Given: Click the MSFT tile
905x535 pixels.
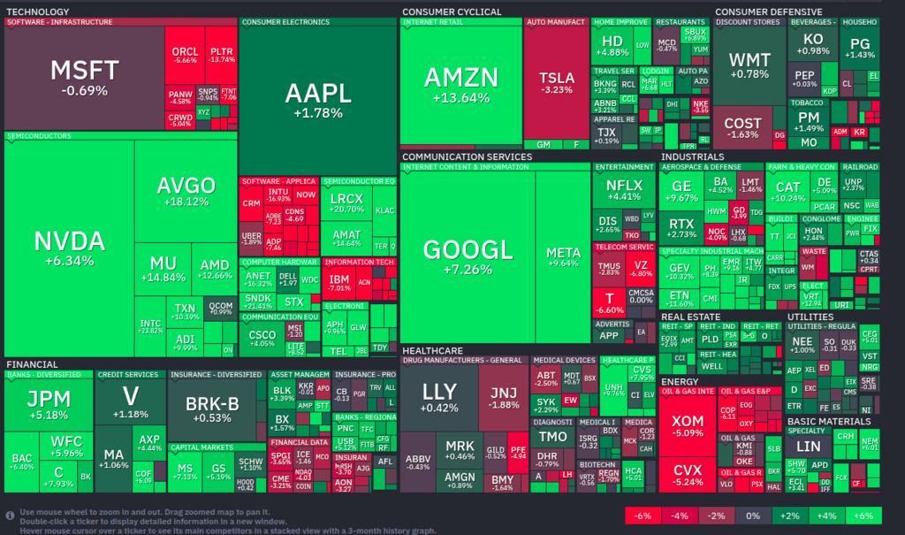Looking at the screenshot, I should point(84,77).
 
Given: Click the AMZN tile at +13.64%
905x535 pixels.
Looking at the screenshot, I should point(460,84).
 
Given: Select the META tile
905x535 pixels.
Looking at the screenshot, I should point(563,256).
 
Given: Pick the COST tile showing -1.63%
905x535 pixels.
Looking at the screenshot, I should point(742,127).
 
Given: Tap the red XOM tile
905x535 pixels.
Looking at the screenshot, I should point(688,425).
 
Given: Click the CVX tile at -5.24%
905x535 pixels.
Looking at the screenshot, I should point(688,473).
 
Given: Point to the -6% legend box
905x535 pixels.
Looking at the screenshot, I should point(643,516).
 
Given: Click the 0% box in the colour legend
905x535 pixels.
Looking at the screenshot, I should point(752,516).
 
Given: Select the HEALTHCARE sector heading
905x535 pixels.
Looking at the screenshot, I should point(432,350).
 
